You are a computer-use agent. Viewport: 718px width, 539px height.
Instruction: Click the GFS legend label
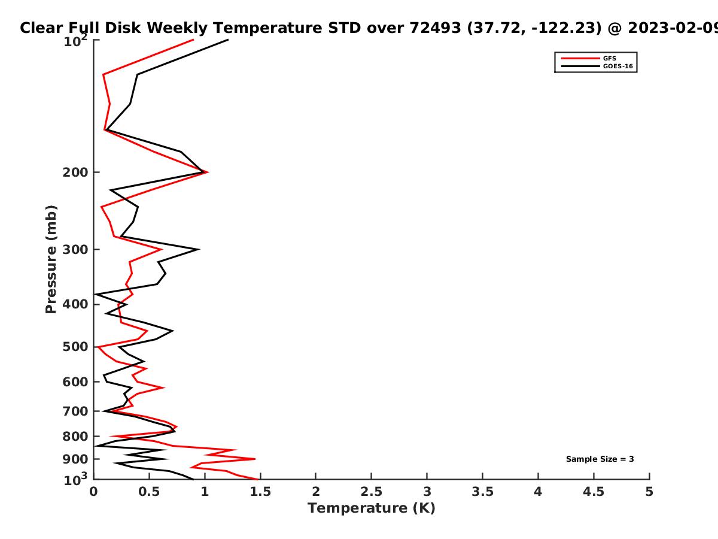point(610,58)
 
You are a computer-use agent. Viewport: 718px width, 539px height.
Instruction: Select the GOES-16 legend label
point(618,66)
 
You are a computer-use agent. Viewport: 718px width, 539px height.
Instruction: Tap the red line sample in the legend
point(580,58)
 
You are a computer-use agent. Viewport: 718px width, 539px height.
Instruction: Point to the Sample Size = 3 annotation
point(600,459)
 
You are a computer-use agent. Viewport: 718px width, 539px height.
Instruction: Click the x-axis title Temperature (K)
point(372,508)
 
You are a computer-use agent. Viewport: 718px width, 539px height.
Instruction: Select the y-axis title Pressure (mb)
point(51,259)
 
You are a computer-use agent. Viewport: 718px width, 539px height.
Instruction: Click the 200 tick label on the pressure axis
point(75,172)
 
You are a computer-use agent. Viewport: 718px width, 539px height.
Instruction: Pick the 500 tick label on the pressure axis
point(75,347)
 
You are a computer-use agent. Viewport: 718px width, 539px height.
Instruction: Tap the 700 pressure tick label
point(75,411)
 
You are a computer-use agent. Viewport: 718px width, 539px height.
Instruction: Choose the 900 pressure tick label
point(75,459)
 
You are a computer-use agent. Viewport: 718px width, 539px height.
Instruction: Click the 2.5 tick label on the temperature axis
point(372,492)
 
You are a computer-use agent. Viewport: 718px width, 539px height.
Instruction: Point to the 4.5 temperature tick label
point(594,492)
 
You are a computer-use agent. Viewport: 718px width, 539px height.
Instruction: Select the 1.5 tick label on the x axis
point(260,492)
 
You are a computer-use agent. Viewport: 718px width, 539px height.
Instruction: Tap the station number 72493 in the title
point(435,28)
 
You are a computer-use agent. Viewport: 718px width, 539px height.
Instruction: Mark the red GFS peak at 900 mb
point(255,459)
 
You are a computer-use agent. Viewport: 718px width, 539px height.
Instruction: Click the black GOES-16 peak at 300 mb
point(199,249)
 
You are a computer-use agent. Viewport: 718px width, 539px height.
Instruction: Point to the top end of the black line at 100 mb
point(228,40)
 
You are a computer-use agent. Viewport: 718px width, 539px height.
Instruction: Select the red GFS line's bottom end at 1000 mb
point(258,480)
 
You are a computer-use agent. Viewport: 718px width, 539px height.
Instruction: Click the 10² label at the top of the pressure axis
point(75,41)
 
